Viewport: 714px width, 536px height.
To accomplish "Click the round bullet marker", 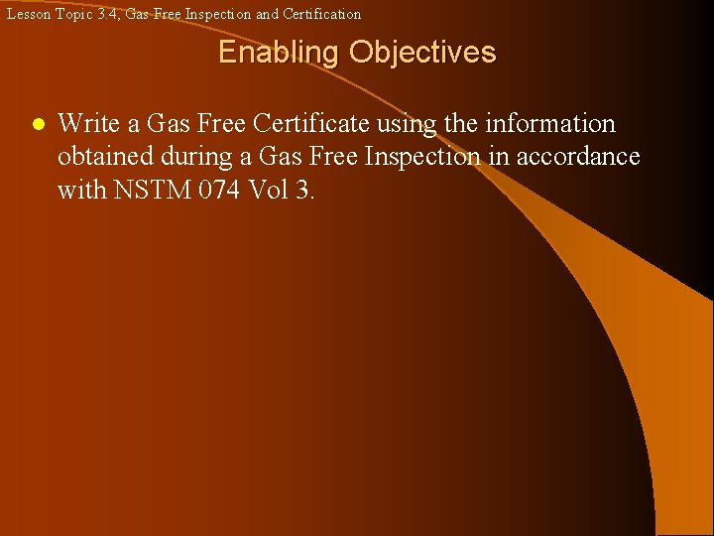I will click(x=36, y=126).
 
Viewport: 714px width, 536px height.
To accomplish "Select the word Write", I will click(x=84, y=124).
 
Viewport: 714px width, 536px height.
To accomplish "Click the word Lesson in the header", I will click(x=24, y=14).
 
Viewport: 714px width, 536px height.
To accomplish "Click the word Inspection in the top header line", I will click(x=218, y=14).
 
